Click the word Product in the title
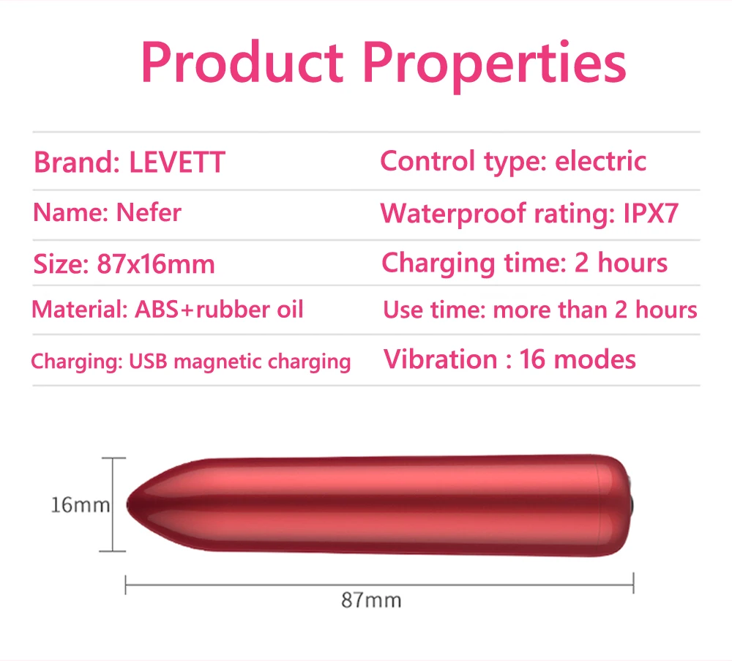click(x=242, y=62)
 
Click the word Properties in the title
click(x=494, y=66)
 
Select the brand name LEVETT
click(x=177, y=163)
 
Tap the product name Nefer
click(x=149, y=212)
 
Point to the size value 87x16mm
click(x=156, y=264)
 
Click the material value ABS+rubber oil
click(x=220, y=309)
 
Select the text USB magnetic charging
click(x=239, y=362)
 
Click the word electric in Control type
click(x=600, y=161)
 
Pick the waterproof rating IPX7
click(x=651, y=213)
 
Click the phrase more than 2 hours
click(x=595, y=310)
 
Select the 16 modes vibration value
click(x=578, y=359)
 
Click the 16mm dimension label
click(x=80, y=505)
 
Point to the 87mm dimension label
click(x=371, y=600)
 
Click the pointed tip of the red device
click(x=127, y=504)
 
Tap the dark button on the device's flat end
click(x=631, y=505)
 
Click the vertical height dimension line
click(x=113, y=504)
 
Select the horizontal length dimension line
click(x=379, y=584)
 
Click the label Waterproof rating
click(x=498, y=214)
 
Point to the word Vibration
click(x=440, y=359)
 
